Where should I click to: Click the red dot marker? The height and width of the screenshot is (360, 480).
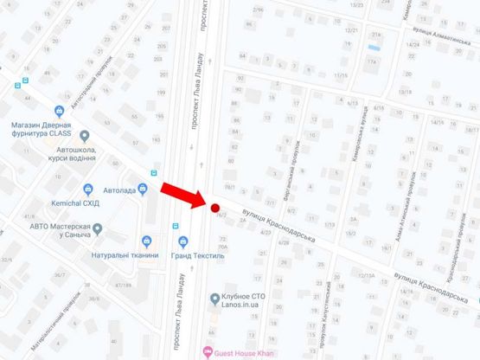tap(213, 207)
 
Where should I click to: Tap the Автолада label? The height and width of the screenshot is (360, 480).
tap(118, 189)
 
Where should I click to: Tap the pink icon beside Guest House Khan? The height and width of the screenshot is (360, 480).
tap(206, 351)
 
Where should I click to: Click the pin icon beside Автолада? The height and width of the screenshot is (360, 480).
tap(87, 189)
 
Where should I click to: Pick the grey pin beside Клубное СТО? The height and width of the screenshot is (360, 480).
tap(214, 299)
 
